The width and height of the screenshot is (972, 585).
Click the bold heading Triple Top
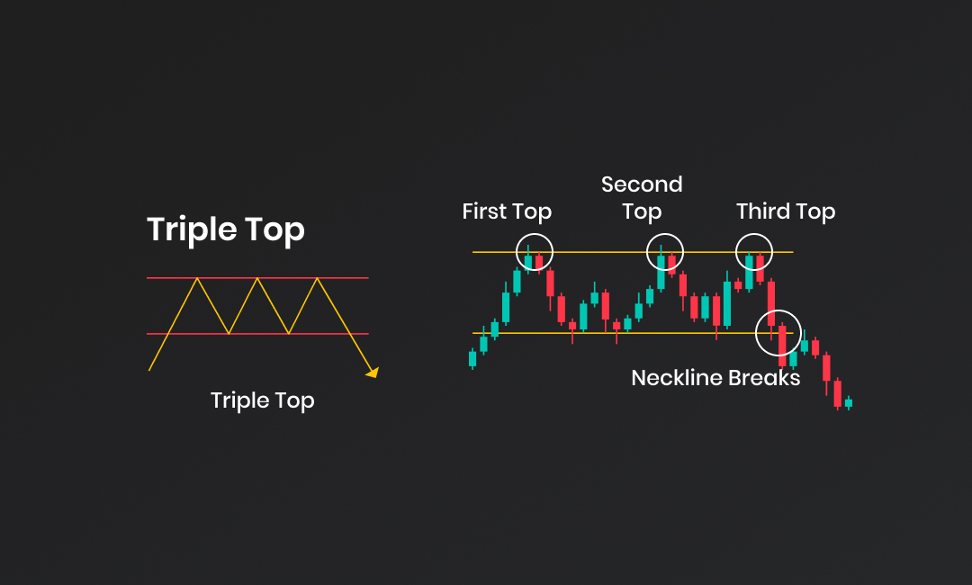point(226,229)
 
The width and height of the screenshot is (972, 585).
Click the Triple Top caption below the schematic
point(262,400)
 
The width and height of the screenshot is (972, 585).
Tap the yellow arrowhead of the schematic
point(373,372)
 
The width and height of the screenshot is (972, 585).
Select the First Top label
point(507,211)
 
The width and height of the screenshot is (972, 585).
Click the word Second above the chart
point(642,184)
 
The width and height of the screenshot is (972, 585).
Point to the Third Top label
point(786,211)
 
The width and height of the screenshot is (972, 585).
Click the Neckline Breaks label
point(715,377)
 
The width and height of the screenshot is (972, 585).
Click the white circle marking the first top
point(517,252)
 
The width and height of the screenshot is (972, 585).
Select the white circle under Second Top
point(646,252)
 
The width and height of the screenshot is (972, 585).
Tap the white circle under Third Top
point(736,252)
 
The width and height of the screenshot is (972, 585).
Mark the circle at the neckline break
point(756,333)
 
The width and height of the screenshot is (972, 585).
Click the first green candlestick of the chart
point(472,359)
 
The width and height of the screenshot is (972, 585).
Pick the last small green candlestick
point(849,403)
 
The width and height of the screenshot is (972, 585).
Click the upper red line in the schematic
point(257,278)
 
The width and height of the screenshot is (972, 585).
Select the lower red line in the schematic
point(257,334)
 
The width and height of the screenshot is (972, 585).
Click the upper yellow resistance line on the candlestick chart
point(633,252)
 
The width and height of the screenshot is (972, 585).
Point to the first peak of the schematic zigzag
point(197,278)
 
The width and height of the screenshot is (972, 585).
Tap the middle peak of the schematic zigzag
point(257,278)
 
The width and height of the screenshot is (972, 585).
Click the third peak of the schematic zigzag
point(318,278)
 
